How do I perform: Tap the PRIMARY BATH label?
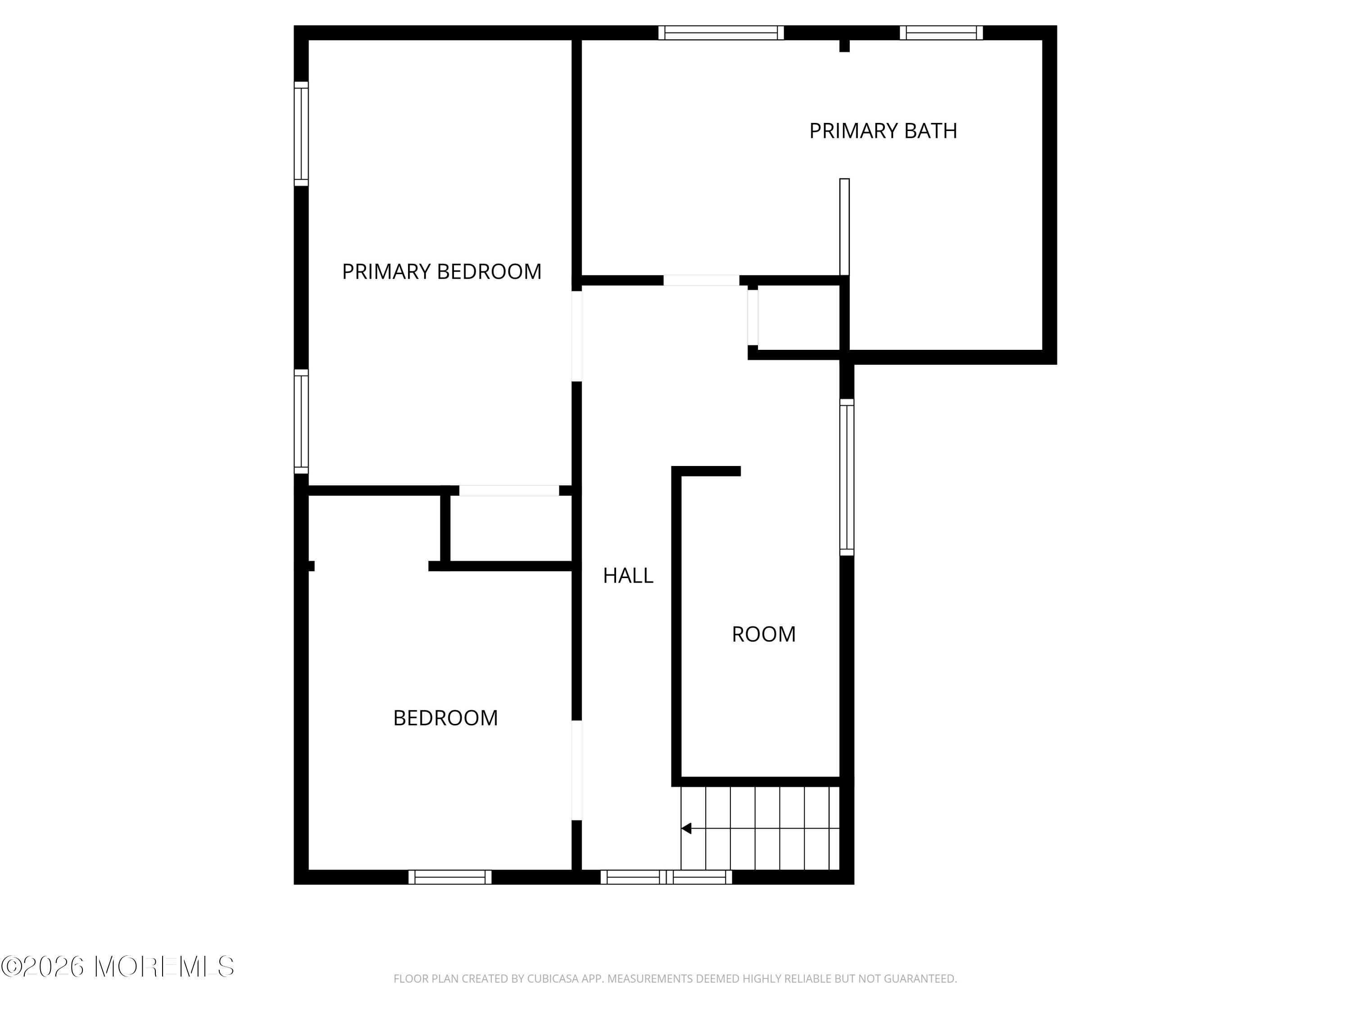[883, 131]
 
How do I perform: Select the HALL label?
[628, 575]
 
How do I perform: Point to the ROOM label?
[763, 634]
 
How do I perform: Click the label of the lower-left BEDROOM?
[445, 718]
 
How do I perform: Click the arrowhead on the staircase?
[686, 828]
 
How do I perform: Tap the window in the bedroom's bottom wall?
[449, 877]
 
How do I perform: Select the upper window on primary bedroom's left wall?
[301, 134]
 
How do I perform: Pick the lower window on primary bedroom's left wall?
[301, 421]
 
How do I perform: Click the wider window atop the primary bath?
[721, 32]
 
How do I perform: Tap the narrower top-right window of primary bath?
[941, 32]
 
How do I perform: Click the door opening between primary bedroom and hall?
[576, 336]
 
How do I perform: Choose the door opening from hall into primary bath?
[701, 280]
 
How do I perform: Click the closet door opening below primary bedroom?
[509, 490]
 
